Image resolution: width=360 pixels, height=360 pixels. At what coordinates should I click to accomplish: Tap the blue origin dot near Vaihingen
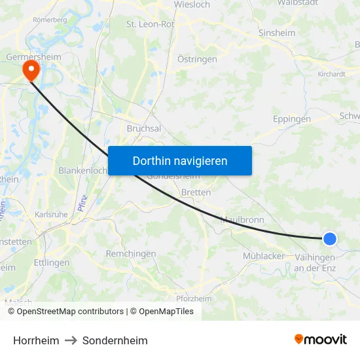pos(330,240)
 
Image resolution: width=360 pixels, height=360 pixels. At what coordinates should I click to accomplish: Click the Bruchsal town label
pos(143,129)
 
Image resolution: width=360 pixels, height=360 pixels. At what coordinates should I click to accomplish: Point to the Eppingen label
pos(291,120)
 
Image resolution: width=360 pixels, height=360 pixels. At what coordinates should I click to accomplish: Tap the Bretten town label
pos(196,192)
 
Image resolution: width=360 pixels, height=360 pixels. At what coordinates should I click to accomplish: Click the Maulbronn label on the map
pos(243,220)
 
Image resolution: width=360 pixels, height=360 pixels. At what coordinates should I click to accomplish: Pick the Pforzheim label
pos(194,298)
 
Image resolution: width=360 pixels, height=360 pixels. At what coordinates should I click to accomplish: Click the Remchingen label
pos(131,253)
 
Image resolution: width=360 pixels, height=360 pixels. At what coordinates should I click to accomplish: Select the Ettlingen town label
pos(52,262)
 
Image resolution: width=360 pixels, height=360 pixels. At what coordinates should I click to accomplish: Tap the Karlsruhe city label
pos(50,214)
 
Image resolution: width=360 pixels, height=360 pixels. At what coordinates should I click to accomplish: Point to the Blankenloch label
pos(82,170)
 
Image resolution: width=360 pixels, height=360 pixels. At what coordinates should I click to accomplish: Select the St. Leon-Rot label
pos(150,24)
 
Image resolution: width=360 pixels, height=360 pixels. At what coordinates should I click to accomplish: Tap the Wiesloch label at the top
pos(192,4)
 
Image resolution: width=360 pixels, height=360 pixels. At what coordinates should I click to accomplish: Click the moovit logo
pos(320,339)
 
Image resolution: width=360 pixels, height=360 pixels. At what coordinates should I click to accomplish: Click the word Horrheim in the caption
pos(36,340)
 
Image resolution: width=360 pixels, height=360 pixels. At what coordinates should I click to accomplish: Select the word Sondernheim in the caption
pos(115,340)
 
